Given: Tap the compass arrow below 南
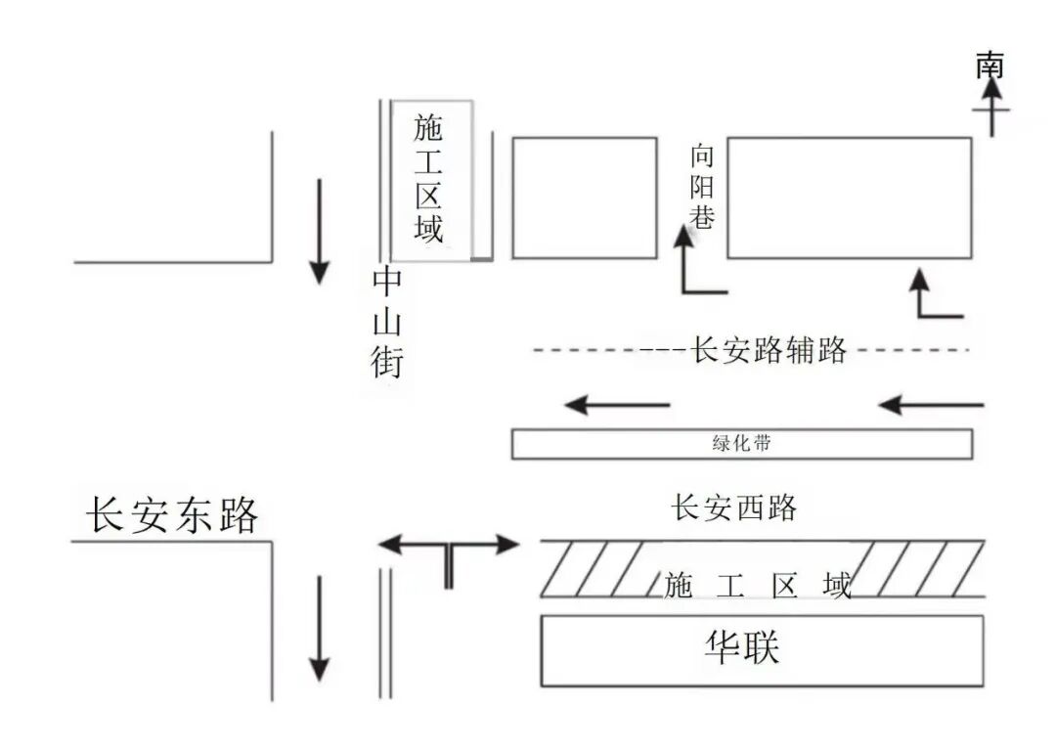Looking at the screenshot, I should pos(992,107).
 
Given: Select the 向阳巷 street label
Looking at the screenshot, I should pos(702,186).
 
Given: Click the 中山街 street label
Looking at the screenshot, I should pos(387,323).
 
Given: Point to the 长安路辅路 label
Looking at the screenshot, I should pos(769,350).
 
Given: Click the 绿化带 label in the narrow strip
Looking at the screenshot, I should pos(741,443).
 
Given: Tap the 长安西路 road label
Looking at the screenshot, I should pos(733,508).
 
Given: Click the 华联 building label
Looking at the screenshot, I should pos(743,647).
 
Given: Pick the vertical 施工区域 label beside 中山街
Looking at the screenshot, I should pos(428,178).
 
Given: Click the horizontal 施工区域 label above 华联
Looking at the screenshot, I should pos(758,586).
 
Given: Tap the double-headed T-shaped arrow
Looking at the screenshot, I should pos(448,552).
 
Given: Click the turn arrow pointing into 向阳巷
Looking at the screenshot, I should pos(696,264).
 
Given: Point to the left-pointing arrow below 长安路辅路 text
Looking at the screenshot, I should pos(618,404).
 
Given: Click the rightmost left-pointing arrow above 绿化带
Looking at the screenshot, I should pos(931,404).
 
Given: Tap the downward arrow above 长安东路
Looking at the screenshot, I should pos(319,231).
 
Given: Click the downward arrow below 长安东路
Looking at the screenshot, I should pos(319,628).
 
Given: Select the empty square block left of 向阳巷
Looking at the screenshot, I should pos(585,198).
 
